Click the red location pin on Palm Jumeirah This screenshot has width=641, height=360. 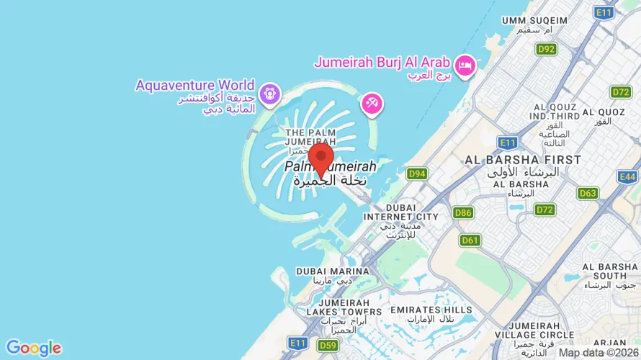pyautogui.click(x=320, y=157)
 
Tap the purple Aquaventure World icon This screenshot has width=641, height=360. pyautogui.click(x=270, y=94)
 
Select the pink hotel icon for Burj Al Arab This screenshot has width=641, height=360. pyautogui.click(x=465, y=66)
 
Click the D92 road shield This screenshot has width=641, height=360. pyautogui.click(x=547, y=49)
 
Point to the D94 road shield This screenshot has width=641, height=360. pyautogui.click(x=416, y=174)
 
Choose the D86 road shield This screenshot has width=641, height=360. pyautogui.click(x=464, y=212)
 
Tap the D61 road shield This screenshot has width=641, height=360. pyautogui.click(x=470, y=240)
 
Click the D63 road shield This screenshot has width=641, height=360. pyautogui.click(x=588, y=193)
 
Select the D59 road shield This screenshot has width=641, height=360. pyautogui.click(x=328, y=346)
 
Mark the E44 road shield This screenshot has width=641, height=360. pyautogui.click(x=628, y=176)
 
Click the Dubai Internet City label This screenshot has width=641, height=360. pyautogui.click(x=401, y=216)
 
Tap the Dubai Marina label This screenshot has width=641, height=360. pyautogui.click(x=332, y=271)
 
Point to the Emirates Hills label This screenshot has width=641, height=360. pyautogui.click(x=431, y=310)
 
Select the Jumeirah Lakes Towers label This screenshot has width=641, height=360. pyautogui.click(x=339, y=311)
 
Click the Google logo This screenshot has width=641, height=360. pyautogui.click(x=34, y=348)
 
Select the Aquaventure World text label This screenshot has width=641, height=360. pyautogui.click(x=195, y=86)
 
